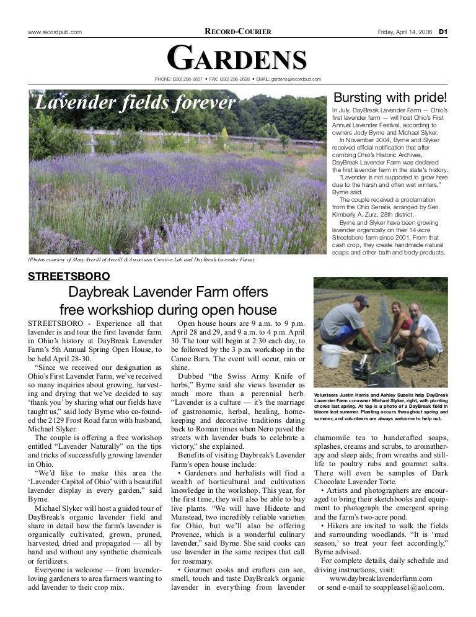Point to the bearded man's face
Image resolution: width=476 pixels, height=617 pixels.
414,312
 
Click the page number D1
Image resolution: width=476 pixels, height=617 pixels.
444,32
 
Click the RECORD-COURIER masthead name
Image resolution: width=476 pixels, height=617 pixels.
238,32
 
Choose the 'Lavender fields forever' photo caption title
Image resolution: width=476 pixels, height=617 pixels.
135,102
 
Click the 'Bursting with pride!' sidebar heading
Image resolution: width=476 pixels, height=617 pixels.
390,98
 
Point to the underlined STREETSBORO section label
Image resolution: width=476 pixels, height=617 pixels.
69,276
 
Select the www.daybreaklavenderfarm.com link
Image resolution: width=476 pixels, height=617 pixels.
381,577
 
